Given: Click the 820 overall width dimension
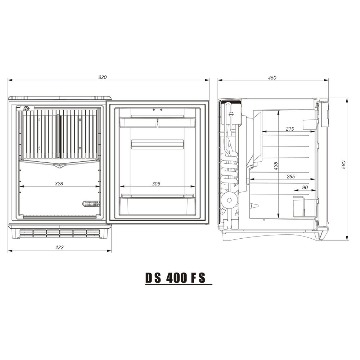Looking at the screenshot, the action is tap(102, 77).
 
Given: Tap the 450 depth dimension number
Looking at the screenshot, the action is tap(272, 78).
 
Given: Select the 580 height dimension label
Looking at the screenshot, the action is tap(343, 165).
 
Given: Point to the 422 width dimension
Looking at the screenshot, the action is tap(59, 247).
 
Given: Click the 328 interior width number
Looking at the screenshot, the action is tap(59, 184).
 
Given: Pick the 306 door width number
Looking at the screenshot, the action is tap(156, 184).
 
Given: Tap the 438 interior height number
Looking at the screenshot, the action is tap(276, 166).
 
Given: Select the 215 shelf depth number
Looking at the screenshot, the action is tap(290, 129).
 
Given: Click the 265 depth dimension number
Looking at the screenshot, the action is tap(291, 176).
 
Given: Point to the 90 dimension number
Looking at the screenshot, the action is tap(305, 188).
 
